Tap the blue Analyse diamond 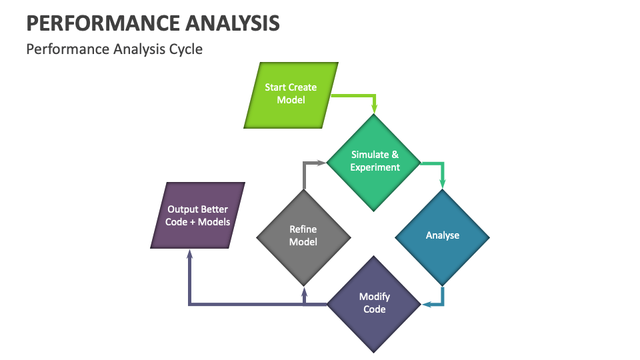pyautogui.click(x=443, y=236)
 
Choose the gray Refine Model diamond pyautogui.click(x=303, y=236)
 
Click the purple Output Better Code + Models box pyautogui.click(x=198, y=215)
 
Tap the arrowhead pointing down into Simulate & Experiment pyautogui.click(x=375, y=108)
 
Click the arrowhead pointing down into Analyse pyautogui.click(x=443, y=184)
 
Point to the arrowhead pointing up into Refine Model pyautogui.click(x=304, y=291)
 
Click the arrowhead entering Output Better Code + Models pyautogui.click(x=190, y=255)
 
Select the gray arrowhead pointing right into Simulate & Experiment pyautogui.click(x=321, y=162)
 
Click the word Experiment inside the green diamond pyautogui.click(x=375, y=167)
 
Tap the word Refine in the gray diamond pyautogui.click(x=303, y=229)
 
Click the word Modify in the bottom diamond pyautogui.click(x=375, y=297)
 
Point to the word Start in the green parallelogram pyautogui.click(x=276, y=87)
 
